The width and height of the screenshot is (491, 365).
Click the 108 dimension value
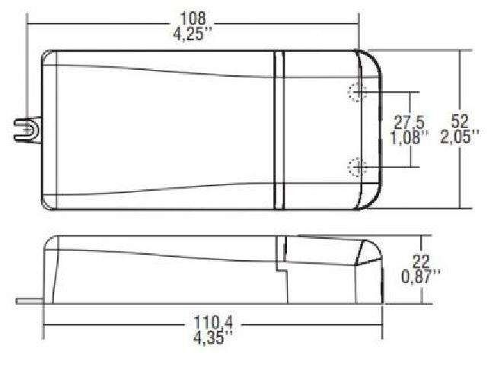193,18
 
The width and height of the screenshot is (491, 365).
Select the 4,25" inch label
193,33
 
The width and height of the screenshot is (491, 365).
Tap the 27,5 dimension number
409,122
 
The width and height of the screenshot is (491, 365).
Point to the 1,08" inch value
409,137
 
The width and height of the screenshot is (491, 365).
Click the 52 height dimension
460,121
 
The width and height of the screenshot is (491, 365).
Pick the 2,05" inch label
460,136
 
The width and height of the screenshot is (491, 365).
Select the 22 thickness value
420,262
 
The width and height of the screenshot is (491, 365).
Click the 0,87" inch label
420,277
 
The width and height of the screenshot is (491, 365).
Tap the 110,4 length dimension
213,322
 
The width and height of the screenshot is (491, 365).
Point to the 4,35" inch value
213,338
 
